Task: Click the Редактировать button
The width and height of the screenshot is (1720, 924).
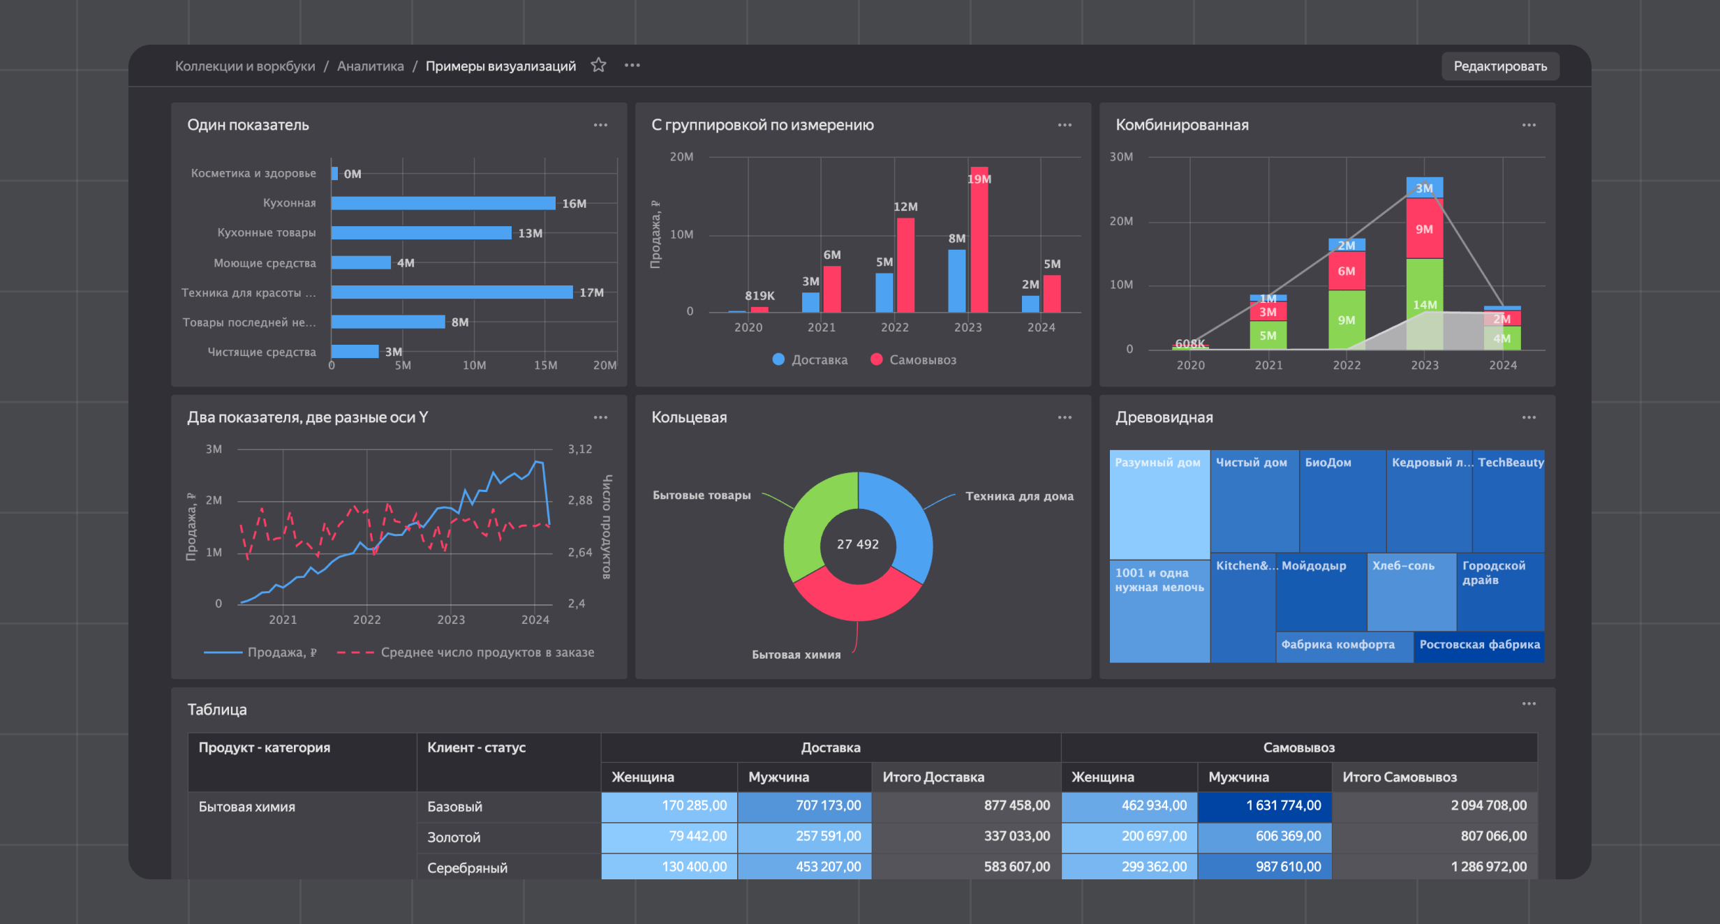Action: (1499, 66)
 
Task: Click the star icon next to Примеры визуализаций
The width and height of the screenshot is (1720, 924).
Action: (598, 66)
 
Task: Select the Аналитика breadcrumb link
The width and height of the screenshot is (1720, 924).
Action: (370, 66)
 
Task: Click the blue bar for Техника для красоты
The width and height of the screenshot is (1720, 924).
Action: (452, 292)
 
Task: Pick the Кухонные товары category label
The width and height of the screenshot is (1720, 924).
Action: (266, 232)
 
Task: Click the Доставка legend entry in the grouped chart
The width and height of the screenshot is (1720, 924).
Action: (810, 360)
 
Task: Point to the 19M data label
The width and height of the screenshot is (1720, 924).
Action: (979, 179)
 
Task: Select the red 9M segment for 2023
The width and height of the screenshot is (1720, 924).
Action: (1424, 229)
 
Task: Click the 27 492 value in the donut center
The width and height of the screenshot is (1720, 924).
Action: (858, 544)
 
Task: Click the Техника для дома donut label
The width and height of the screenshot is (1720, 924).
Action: (1019, 496)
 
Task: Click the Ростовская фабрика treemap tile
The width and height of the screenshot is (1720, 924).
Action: (1479, 646)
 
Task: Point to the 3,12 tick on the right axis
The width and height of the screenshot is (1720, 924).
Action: (579, 449)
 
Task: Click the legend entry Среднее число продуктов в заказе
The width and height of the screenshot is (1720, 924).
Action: (487, 653)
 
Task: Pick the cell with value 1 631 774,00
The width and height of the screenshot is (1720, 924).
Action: (1265, 805)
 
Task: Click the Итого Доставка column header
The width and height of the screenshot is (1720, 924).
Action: (933, 777)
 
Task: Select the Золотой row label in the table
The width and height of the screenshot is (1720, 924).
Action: (454, 837)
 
